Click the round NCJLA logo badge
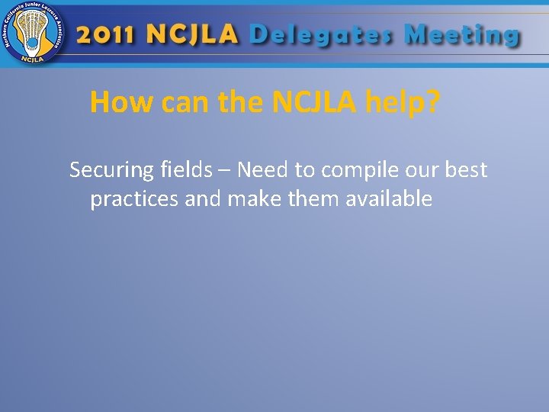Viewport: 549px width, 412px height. tap(32, 34)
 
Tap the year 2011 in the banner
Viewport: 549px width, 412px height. tap(106, 36)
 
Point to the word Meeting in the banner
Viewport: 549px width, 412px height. tap(462, 36)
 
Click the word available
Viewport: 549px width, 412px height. tap(389, 199)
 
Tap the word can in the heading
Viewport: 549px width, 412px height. tap(184, 102)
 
